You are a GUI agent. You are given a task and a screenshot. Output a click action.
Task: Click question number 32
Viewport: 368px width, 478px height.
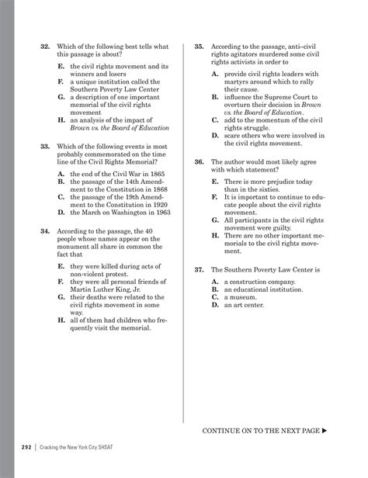click(44, 47)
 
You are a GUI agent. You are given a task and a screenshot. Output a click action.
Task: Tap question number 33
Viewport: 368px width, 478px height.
click(44, 146)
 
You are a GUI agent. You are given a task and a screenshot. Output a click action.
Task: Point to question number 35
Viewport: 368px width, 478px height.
click(200, 47)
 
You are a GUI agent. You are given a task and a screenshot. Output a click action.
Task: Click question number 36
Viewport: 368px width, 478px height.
click(200, 161)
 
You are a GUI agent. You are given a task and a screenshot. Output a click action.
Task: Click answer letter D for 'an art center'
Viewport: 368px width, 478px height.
click(214, 304)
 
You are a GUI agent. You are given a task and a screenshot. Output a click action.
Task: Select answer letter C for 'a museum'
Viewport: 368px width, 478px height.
click(214, 296)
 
